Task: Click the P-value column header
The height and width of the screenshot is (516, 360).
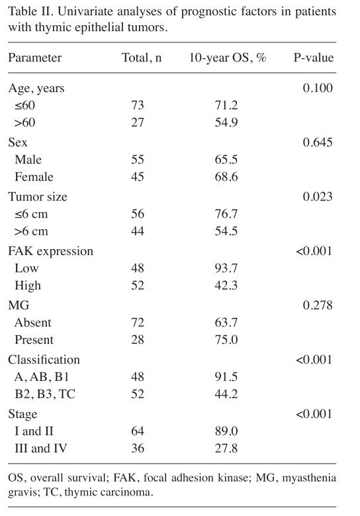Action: pyautogui.click(x=313, y=58)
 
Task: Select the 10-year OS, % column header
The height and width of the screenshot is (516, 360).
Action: pyautogui.click(x=228, y=58)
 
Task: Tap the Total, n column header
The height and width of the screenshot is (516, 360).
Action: pyautogui.click(x=142, y=58)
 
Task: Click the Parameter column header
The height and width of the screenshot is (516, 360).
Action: pyautogui.click(x=35, y=58)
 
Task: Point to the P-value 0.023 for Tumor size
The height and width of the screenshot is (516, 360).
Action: pyautogui.click(x=318, y=197)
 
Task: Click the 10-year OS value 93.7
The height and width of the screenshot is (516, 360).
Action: pyautogui.click(x=226, y=268)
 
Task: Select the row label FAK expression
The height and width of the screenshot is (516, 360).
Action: pyautogui.click(x=51, y=251)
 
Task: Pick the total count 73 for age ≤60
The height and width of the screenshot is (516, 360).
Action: pyautogui.click(x=138, y=105)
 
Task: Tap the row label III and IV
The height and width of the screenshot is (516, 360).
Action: pyautogui.click(x=41, y=448)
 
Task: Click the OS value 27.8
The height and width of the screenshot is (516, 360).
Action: pyautogui.click(x=226, y=448)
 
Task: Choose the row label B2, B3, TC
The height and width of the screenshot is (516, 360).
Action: pyautogui.click(x=45, y=394)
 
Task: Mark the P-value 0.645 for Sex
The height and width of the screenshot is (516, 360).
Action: pyautogui.click(x=318, y=142)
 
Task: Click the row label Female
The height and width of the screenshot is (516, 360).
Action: pyautogui.click(x=34, y=177)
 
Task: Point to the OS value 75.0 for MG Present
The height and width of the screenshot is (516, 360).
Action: pyautogui.click(x=226, y=340)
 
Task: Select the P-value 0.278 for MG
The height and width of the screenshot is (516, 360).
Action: pyautogui.click(x=318, y=305)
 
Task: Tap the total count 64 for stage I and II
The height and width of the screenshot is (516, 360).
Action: pyautogui.click(x=138, y=431)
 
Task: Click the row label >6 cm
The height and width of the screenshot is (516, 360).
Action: pyautogui.click(x=31, y=231)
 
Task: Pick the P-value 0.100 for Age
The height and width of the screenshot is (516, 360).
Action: pyautogui.click(x=318, y=88)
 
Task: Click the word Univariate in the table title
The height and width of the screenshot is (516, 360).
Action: pyautogui.click(x=86, y=12)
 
